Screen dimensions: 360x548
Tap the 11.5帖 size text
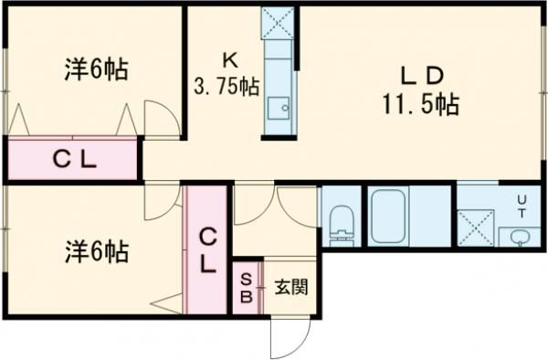pyautogui.click(x=420, y=105)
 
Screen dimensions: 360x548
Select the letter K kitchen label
pyautogui.click(x=229, y=62)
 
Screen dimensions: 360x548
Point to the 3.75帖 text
pyautogui.click(x=226, y=88)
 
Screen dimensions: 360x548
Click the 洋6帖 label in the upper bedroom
pyautogui.click(x=95, y=68)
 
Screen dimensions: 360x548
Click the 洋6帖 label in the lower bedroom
pyautogui.click(x=95, y=249)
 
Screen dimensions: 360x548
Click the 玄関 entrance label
pyautogui.click(x=291, y=287)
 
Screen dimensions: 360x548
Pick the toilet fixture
pyautogui.click(x=341, y=222)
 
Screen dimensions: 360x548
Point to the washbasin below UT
pyautogui.click(x=520, y=237)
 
